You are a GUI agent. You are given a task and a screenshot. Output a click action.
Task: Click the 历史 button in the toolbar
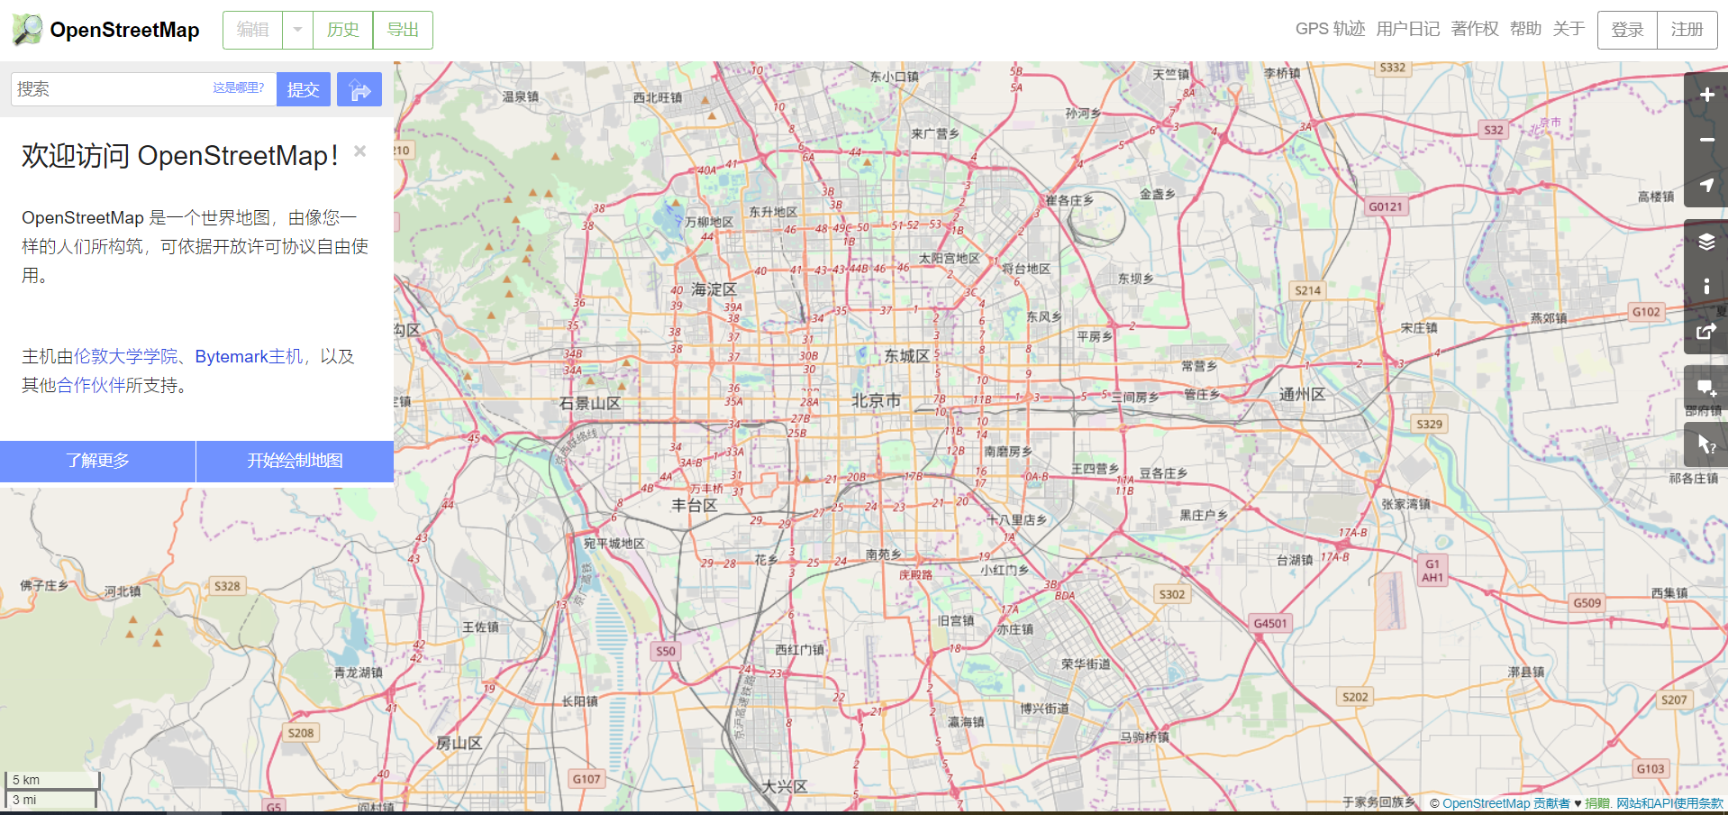342,30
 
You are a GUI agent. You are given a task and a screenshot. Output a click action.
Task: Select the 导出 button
403,30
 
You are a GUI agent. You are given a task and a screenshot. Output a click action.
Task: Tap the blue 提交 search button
303,89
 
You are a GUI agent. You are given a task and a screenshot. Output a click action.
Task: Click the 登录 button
1627,30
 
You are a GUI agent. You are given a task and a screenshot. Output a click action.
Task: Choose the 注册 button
1687,30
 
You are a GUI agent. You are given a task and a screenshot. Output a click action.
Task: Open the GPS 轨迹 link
1330,29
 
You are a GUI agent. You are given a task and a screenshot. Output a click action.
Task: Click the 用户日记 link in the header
1407,29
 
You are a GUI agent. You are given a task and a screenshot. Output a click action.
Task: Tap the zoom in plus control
1706,95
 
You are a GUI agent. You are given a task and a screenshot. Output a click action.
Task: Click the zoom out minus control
1706,140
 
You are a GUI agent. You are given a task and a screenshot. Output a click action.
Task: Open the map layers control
1706,242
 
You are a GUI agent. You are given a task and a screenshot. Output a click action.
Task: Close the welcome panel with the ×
359,151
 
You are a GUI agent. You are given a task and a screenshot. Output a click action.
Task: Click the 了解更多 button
97,461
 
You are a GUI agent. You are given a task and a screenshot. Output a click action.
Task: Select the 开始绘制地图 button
295,461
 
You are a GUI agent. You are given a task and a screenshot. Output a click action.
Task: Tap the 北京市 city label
876,400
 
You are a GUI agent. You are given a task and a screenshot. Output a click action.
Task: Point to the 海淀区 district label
714,289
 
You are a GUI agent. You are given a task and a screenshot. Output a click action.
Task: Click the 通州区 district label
1302,395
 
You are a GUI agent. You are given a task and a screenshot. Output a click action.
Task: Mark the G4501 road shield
1270,623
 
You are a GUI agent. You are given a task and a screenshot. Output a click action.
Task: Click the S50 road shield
665,651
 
